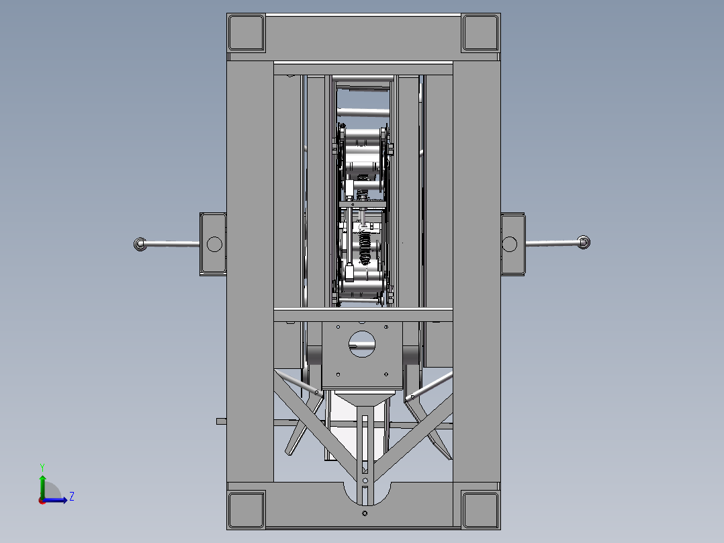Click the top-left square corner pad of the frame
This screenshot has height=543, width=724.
pyautogui.click(x=246, y=32)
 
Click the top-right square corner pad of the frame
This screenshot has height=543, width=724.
pyautogui.click(x=481, y=32)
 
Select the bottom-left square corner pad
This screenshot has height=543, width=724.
pyautogui.click(x=246, y=509)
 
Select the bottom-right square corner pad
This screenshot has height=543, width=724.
pyautogui.click(x=481, y=509)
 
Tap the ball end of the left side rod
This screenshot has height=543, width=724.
pyautogui.click(x=140, y=244)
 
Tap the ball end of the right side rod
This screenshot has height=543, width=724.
pyautogui.click(x=584, y=242)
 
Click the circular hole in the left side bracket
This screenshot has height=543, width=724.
pyautogui.click(x=214, y=243)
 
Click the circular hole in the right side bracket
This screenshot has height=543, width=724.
pyautogui.click(x=510, y=243)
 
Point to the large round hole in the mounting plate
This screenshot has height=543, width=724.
pyautogui.click(x=363, y=344)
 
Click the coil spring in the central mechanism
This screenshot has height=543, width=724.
pyautogui.click(x=365, y=249)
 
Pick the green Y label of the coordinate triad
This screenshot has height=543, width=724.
pyautogui.click(x=42, y=466)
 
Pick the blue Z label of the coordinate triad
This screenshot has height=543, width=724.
pyautogui.click(x=71, y=497)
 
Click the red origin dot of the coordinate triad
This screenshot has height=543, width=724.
pyautogui.click(x=42, y=500)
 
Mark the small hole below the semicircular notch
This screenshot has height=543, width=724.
pyautogui.click(x=364, y=514)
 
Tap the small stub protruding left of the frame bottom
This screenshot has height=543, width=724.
pyautogui.click(x=222, y=421)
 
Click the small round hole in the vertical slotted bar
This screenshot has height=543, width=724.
pyautogui.click(x=365, y=481)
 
